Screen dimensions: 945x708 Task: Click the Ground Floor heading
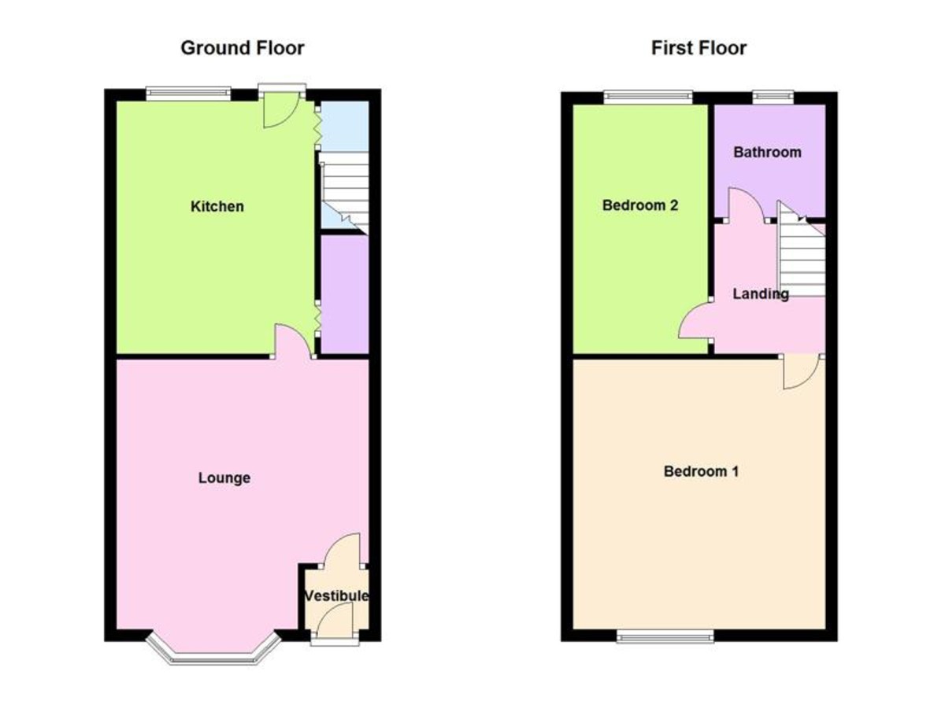tap(243, 48)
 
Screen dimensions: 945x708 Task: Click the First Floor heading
tap(699, 48)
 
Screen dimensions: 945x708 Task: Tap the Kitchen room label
tap(217, 206)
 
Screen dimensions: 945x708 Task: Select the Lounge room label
tap(224, 478)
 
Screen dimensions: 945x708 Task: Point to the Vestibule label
tap(336, 596)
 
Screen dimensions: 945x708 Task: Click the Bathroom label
tap(767, 152)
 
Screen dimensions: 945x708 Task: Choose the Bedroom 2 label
tap(639, 205)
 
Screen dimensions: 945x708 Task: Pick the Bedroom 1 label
tap(701, 471)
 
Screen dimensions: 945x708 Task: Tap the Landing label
tap(761, 293)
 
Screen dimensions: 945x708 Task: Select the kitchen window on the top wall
tap(188, 94)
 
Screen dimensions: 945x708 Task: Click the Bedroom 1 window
tap(665, 636)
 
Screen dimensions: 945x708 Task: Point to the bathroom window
tap(773, 97)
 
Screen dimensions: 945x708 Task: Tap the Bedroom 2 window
tap(648, 97)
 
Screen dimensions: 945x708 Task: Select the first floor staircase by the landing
tap(801, 249)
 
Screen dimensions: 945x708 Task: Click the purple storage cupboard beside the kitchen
tap(345, 294)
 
